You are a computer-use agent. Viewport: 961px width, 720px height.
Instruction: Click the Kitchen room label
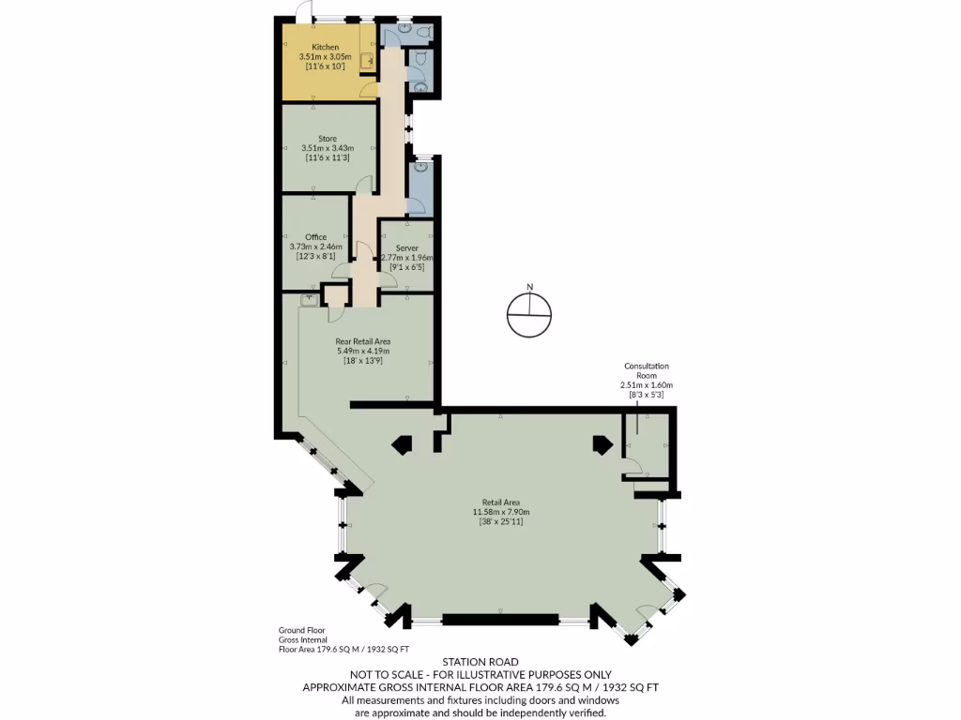pyautogui.click(x=326, y=47)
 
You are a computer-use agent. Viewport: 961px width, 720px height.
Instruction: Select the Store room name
pyautogui.click(x=327, y=139)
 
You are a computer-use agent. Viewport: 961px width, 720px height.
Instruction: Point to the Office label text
pyautogui.click(x=315, y=237)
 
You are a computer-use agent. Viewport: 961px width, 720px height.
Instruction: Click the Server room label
pyautogui.click(x=406, y=248)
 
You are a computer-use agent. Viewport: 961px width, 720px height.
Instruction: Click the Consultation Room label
pyautogui.click(x=647, y=371)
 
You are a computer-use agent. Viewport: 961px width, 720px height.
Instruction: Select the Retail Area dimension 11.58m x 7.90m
pyautogui.click(x=501, y=512)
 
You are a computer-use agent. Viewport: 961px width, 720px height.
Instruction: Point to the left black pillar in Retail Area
pyautogui.click(x=403, y=444)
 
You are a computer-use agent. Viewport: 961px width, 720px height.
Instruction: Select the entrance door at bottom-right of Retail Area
pyautogui.click(x=646, y=615)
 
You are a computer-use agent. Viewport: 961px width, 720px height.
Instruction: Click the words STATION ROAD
pyautogui.click(x=480, y=662)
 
